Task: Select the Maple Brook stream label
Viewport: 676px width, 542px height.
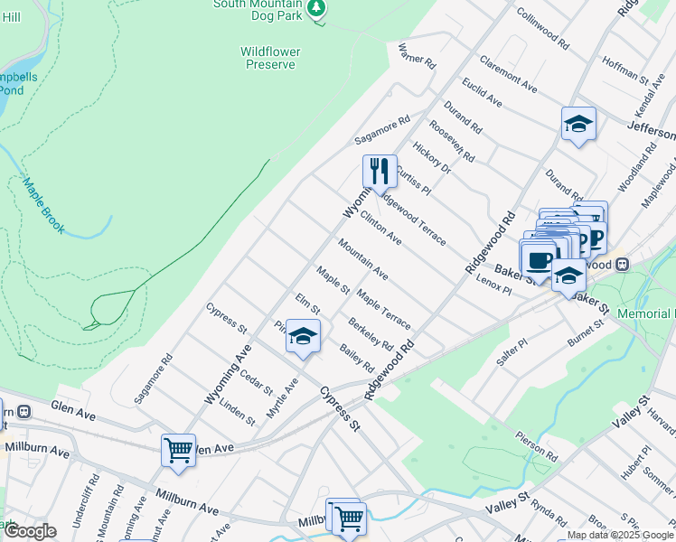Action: pyautogui.click(x=43, y=206)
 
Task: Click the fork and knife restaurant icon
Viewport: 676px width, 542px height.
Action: pyautogui.click(x=380, y=171)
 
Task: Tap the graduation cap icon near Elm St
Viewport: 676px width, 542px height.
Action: pyautogui.click(x=304, y=337)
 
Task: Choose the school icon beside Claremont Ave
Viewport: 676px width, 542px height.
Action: pyautogui.click(x=578, y=125)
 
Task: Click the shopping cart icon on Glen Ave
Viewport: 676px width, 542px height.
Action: pyautogui.click(x=178, y=449)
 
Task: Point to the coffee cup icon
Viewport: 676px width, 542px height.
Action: pyautogui.click(x=539, y=259)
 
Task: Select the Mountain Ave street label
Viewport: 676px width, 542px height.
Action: pyautogui.click(x=363, y=258)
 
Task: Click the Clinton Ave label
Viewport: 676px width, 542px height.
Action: pyautogui.click(x=380, y=228)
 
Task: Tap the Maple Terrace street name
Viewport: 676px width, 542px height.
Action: pyautogui.click(x=383, y=309)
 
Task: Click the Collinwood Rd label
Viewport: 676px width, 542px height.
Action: pyautogui.click(x=542, y=29)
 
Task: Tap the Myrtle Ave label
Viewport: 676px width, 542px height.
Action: pyautogui.click(x=282, y=398)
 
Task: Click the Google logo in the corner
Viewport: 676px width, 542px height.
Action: pyautogui.click(x=30, y=531)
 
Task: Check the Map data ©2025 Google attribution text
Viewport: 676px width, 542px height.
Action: pyautogui.click(x=619, y=535)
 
